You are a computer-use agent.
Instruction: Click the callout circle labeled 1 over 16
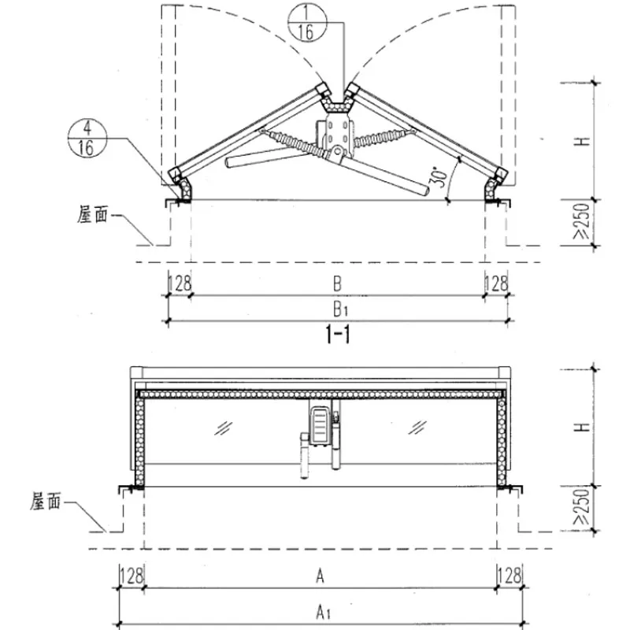[307, 24]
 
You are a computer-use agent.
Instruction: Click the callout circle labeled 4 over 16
[87, 139]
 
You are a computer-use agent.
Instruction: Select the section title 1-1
[337, 335]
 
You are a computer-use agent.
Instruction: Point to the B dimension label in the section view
[338, 283]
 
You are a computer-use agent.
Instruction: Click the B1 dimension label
[340, 309]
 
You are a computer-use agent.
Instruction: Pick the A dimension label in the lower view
[320, 576]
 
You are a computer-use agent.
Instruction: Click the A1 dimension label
[323, 613]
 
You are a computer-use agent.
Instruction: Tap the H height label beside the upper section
[582, 142]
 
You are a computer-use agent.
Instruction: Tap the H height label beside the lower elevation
[582, 427]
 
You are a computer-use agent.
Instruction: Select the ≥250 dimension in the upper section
[582, 221]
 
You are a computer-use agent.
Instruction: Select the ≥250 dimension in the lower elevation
[582, 507]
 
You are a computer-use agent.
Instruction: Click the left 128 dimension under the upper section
[180, 283]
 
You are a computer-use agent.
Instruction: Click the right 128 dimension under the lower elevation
[510, 576]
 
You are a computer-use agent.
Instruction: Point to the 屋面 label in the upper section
[93, 215]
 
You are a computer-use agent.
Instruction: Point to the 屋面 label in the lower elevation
[46, 502]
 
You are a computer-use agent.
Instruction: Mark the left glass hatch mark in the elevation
[224, 428]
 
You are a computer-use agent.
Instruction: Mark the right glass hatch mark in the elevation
[417, 428]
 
